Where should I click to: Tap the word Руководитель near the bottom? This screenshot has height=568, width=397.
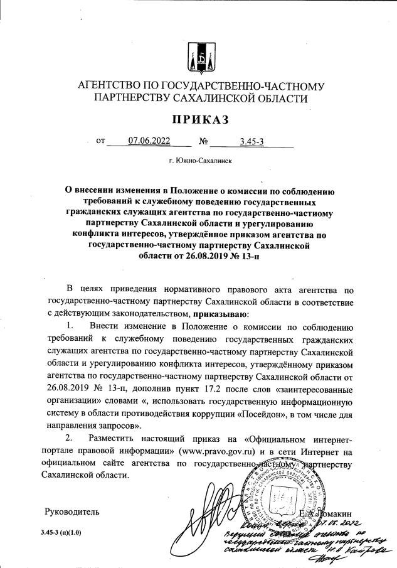[72, 512]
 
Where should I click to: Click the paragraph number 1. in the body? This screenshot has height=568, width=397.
[70, 326]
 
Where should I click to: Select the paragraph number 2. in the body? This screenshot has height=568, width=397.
[70, 438]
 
